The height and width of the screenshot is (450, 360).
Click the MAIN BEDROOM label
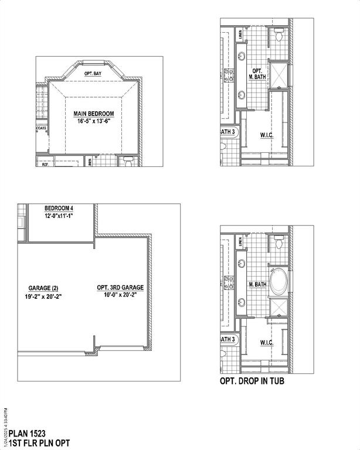tap(93, 114)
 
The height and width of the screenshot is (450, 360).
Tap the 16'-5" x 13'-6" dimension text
tap(93, 121)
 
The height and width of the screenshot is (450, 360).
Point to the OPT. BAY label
tap(93, 74)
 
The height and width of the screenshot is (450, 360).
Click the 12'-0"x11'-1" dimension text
tap(59, 216)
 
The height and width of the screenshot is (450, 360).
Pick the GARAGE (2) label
tap(43, 288)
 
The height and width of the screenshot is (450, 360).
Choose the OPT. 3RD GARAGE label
tap(120, 288)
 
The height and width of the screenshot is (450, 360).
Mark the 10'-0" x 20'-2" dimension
tap(120, 296)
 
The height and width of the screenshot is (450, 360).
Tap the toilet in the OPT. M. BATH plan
tap(279, 36)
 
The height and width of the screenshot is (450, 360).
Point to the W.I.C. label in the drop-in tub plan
tap(267, 341)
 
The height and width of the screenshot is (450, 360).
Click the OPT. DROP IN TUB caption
tap(253, 381)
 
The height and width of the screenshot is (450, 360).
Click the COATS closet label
tap(42, 127)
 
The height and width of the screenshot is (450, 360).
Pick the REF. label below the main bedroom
tap(45, 165)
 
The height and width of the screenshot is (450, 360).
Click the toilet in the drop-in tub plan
tap(279, 242)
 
